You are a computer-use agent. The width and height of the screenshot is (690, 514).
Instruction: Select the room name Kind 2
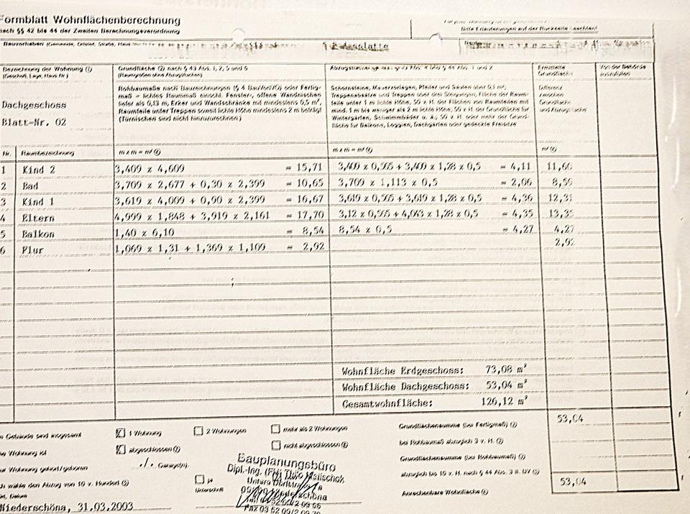pyautogui.click(x=39, y=170)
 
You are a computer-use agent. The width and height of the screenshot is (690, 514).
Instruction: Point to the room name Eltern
pyautogui.click(x=40, y=216)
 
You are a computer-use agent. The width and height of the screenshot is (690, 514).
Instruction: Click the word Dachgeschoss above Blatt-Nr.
pyautogui.click(x=34, y=105)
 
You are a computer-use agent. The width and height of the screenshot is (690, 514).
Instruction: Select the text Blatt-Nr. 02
pyautogui.click(x=34, y=122)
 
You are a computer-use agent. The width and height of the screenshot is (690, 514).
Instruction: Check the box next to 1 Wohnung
pyautogui.click(x=119, y=433)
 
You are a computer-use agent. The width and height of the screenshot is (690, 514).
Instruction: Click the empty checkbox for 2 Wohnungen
pyautogui.click(x=198, y=431)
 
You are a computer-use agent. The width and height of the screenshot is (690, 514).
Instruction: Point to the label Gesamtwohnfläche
pyautogui.click(x=387, y=403)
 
